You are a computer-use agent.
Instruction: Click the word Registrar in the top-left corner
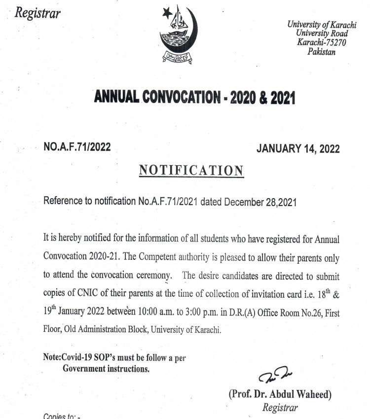coord(37,13)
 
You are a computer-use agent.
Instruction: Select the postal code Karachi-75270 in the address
coord(321,43)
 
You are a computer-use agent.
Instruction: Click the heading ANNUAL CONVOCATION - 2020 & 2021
coord(194,98)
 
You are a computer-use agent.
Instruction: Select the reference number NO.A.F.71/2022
coord(77,147)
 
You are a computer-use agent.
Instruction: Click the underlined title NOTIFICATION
coord(191,171)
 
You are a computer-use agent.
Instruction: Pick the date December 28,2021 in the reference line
coord(259,202)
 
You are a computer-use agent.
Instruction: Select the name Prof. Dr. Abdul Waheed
coord(280,394)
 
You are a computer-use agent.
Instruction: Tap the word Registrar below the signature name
coord(280,408)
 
